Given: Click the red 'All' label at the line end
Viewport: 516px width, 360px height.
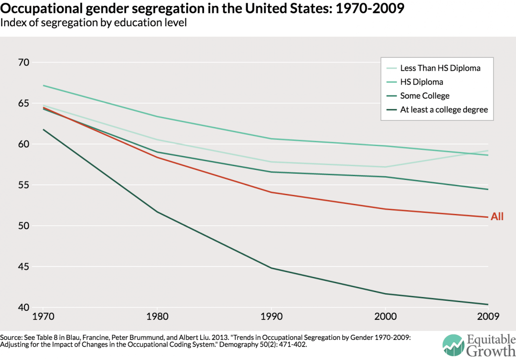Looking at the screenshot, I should click(x=497, y=217).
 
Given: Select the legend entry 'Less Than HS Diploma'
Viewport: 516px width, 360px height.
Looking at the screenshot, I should click(x=440, y=68).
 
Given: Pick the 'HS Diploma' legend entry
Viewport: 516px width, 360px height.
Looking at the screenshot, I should click(x=421, y=82).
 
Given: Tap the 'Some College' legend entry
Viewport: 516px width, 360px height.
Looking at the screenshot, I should click(x=425, y=96).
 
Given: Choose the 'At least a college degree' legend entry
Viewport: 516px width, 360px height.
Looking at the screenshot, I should click(x=443, y=110).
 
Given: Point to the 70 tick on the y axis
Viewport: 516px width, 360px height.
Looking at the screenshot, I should click(x=24, y=63).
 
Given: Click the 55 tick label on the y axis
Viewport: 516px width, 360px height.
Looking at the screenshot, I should click(x=24, y=185).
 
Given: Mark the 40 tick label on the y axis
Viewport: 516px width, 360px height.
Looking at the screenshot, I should click(x=24, y=307).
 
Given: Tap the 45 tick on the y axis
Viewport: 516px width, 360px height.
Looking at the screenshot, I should click(x=24, y=267).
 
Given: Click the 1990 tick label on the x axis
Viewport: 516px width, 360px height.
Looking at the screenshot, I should click(x=271, y=316).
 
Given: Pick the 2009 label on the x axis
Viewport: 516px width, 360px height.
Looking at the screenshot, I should click(x=489, y=316).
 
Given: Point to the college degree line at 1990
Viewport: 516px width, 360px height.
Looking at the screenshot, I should click(x=271, y=268).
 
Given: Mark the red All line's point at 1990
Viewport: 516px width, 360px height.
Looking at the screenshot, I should click(x=271, y=192).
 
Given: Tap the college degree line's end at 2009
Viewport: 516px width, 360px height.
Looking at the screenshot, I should click(x=488, y=304).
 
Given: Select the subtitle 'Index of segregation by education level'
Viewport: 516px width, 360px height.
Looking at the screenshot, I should click(x=94, y=22).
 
